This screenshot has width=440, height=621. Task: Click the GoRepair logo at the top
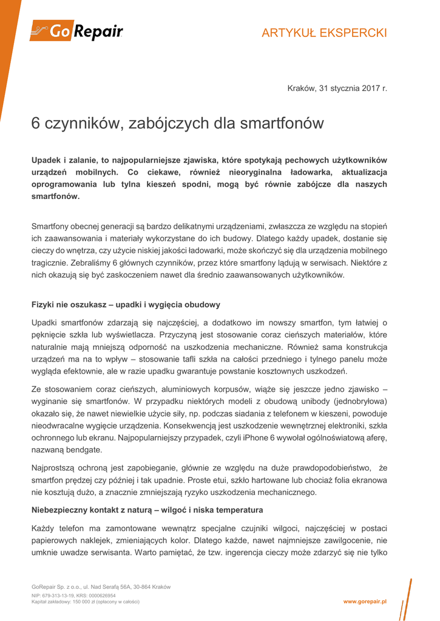coord(77,31)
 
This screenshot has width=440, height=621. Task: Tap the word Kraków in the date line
coord(301,89)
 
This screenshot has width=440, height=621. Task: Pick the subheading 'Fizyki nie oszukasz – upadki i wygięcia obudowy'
coord(126,304)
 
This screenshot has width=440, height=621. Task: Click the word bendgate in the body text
coord(85,451)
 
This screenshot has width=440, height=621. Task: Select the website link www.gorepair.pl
coord(365,601)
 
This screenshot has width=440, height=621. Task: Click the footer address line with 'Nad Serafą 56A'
coord(101,587)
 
